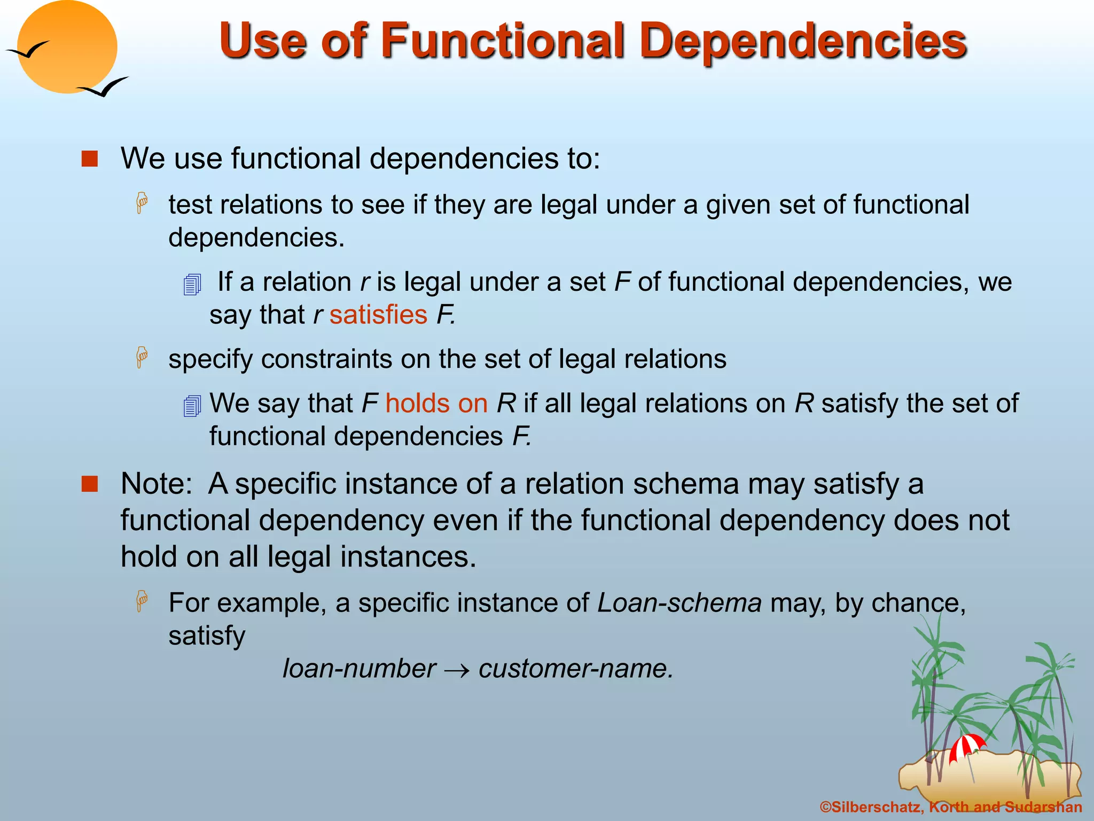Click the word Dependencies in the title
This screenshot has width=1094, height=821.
coord(803,42)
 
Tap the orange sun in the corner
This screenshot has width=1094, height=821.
coord(67,47)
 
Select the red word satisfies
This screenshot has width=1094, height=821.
coord(378,315)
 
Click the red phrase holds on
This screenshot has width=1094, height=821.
coord(436,404)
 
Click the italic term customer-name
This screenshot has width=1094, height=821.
coord(575,669)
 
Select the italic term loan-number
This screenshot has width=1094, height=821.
coord(359,669)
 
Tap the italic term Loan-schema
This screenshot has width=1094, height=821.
coord(679,603)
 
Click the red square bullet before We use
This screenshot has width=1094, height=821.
coord(90,159)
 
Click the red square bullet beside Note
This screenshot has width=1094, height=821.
coord(90,484)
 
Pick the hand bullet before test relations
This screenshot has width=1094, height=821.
coord(142,203)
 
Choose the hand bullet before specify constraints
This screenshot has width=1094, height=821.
coord(142,357)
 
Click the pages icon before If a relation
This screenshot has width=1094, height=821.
coord(192,284)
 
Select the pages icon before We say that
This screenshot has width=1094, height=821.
coord(192,406)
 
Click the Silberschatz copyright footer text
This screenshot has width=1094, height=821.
coord(950,807)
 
